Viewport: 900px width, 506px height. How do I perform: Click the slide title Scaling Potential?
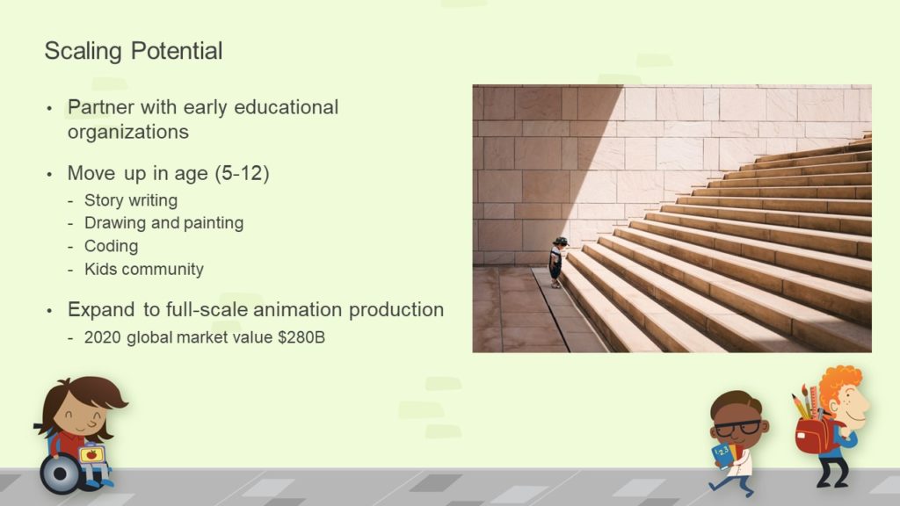[x=134, y=51]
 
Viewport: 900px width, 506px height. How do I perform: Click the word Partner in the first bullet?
[x=101, y=107]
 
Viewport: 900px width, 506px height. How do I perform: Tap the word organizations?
[x=128, y=132]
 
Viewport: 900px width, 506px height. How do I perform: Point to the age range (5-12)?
[x=242, y=173]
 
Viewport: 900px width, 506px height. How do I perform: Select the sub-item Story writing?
[x=131, y=200]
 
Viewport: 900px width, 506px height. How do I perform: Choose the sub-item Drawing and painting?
[x=164, y=222]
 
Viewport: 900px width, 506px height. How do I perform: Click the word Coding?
[x=112, y=246]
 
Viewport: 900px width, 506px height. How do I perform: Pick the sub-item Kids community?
[x=144, y=269]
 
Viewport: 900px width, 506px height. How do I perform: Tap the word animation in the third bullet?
[x=298, y=310]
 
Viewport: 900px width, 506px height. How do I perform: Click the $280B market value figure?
[x=301, y=337]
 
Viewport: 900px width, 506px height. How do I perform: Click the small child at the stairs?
[x=557, y=262]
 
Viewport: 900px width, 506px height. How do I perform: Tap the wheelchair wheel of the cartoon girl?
[x=60, y=474]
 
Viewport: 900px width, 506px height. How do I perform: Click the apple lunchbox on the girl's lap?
[x=91, y=454]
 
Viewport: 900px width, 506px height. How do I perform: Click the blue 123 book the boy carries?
[x=722, y=454]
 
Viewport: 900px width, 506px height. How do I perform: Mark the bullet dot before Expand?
[x=49, y=311]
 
